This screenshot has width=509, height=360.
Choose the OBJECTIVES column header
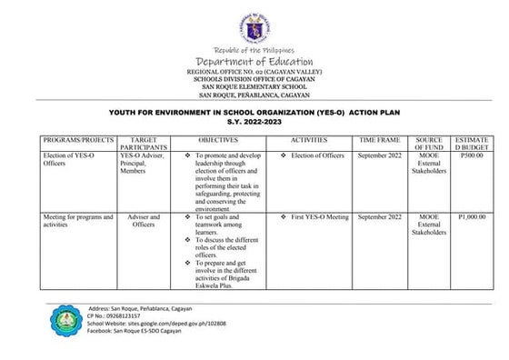(217, 142)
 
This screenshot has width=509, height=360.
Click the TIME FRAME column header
(380, 142)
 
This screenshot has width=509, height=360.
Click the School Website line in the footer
(155, 325)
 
